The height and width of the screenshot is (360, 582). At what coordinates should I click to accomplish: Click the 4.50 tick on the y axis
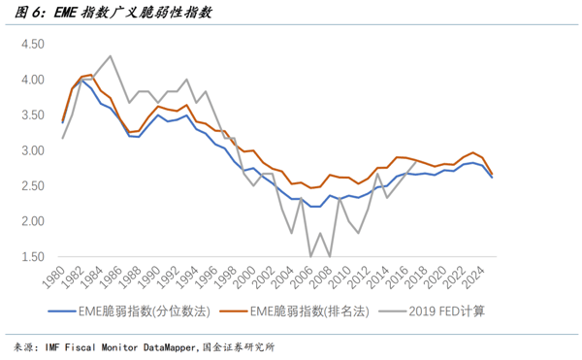click(33, 45)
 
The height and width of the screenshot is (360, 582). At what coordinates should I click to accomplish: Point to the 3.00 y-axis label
click(33, 150)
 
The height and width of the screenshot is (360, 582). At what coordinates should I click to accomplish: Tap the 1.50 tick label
click(33, 257)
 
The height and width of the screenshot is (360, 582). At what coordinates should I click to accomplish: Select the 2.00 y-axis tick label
click(33, 221)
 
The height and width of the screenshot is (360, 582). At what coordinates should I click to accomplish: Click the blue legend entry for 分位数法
click(129, 311)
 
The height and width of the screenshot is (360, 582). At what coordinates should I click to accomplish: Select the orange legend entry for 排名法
click(294, 311)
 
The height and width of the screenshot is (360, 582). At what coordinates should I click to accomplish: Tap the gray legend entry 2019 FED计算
click(432, 311)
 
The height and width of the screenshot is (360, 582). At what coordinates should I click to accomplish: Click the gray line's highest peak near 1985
click(111, 56)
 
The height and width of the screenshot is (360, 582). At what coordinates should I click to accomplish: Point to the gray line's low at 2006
click(310, 256)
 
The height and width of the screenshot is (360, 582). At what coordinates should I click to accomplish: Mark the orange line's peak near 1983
click(91, 75)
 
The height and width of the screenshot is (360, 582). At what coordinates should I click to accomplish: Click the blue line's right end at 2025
click(492, 178)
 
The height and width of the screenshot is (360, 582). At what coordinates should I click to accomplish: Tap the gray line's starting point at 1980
click(62, 139)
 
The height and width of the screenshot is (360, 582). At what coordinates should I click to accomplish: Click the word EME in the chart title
click(65, 13)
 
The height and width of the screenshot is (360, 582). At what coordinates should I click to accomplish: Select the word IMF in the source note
click(52, 347)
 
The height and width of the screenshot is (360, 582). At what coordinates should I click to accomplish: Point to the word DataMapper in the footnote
click(169, 347)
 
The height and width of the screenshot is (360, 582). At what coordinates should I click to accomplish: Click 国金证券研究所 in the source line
click(239, 347)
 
